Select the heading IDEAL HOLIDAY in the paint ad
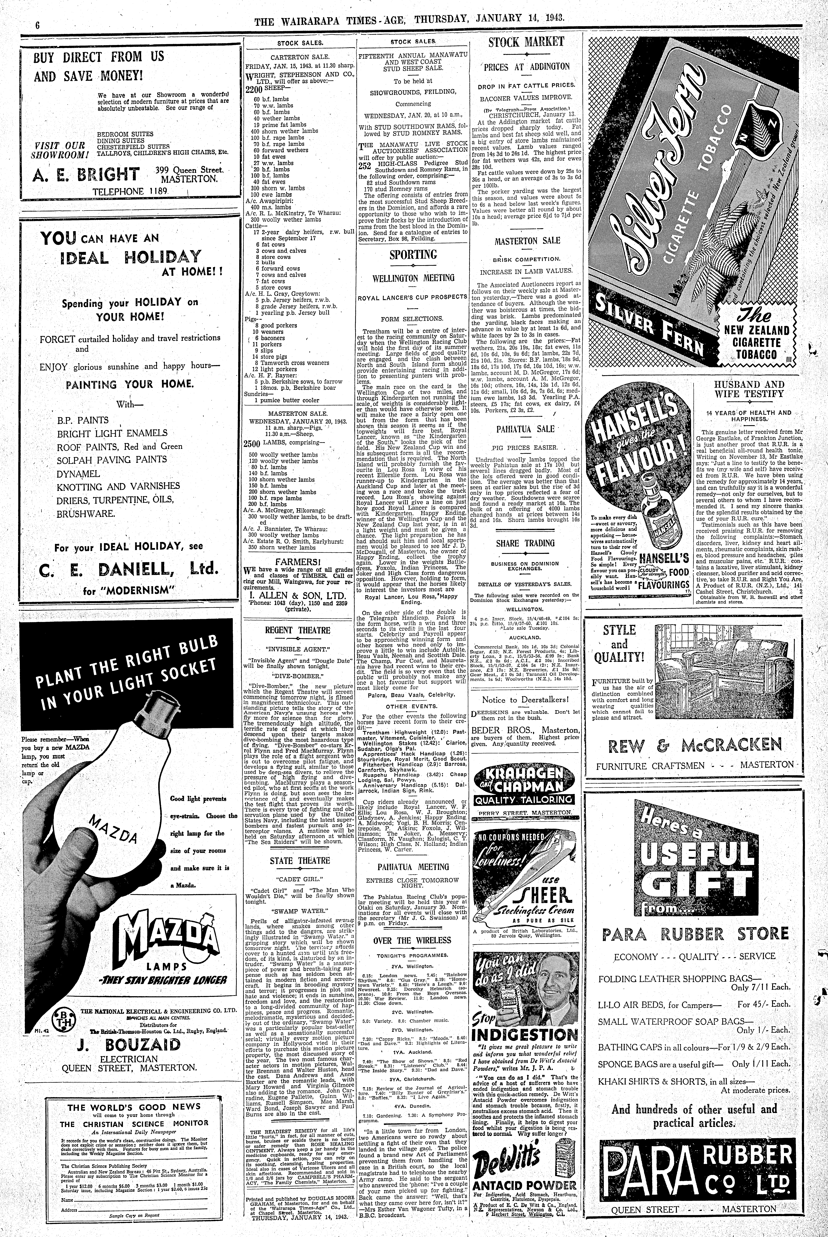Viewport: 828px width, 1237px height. click(131, 257)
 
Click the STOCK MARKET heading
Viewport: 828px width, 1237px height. click(526, 43)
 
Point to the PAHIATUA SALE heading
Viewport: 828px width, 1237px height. click(525, 429)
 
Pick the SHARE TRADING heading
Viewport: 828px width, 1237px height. click(525, 543)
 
